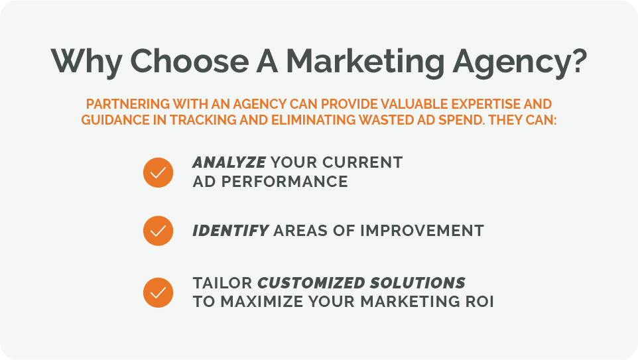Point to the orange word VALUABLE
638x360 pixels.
pos(409,105)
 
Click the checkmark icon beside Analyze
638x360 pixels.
pos(158,172)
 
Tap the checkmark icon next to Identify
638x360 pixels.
pos(158,231)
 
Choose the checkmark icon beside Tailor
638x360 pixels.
pos(158,292)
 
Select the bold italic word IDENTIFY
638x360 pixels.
pos(230,231)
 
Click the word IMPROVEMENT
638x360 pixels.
pos(422,231)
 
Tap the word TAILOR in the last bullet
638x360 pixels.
pos(222,283)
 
